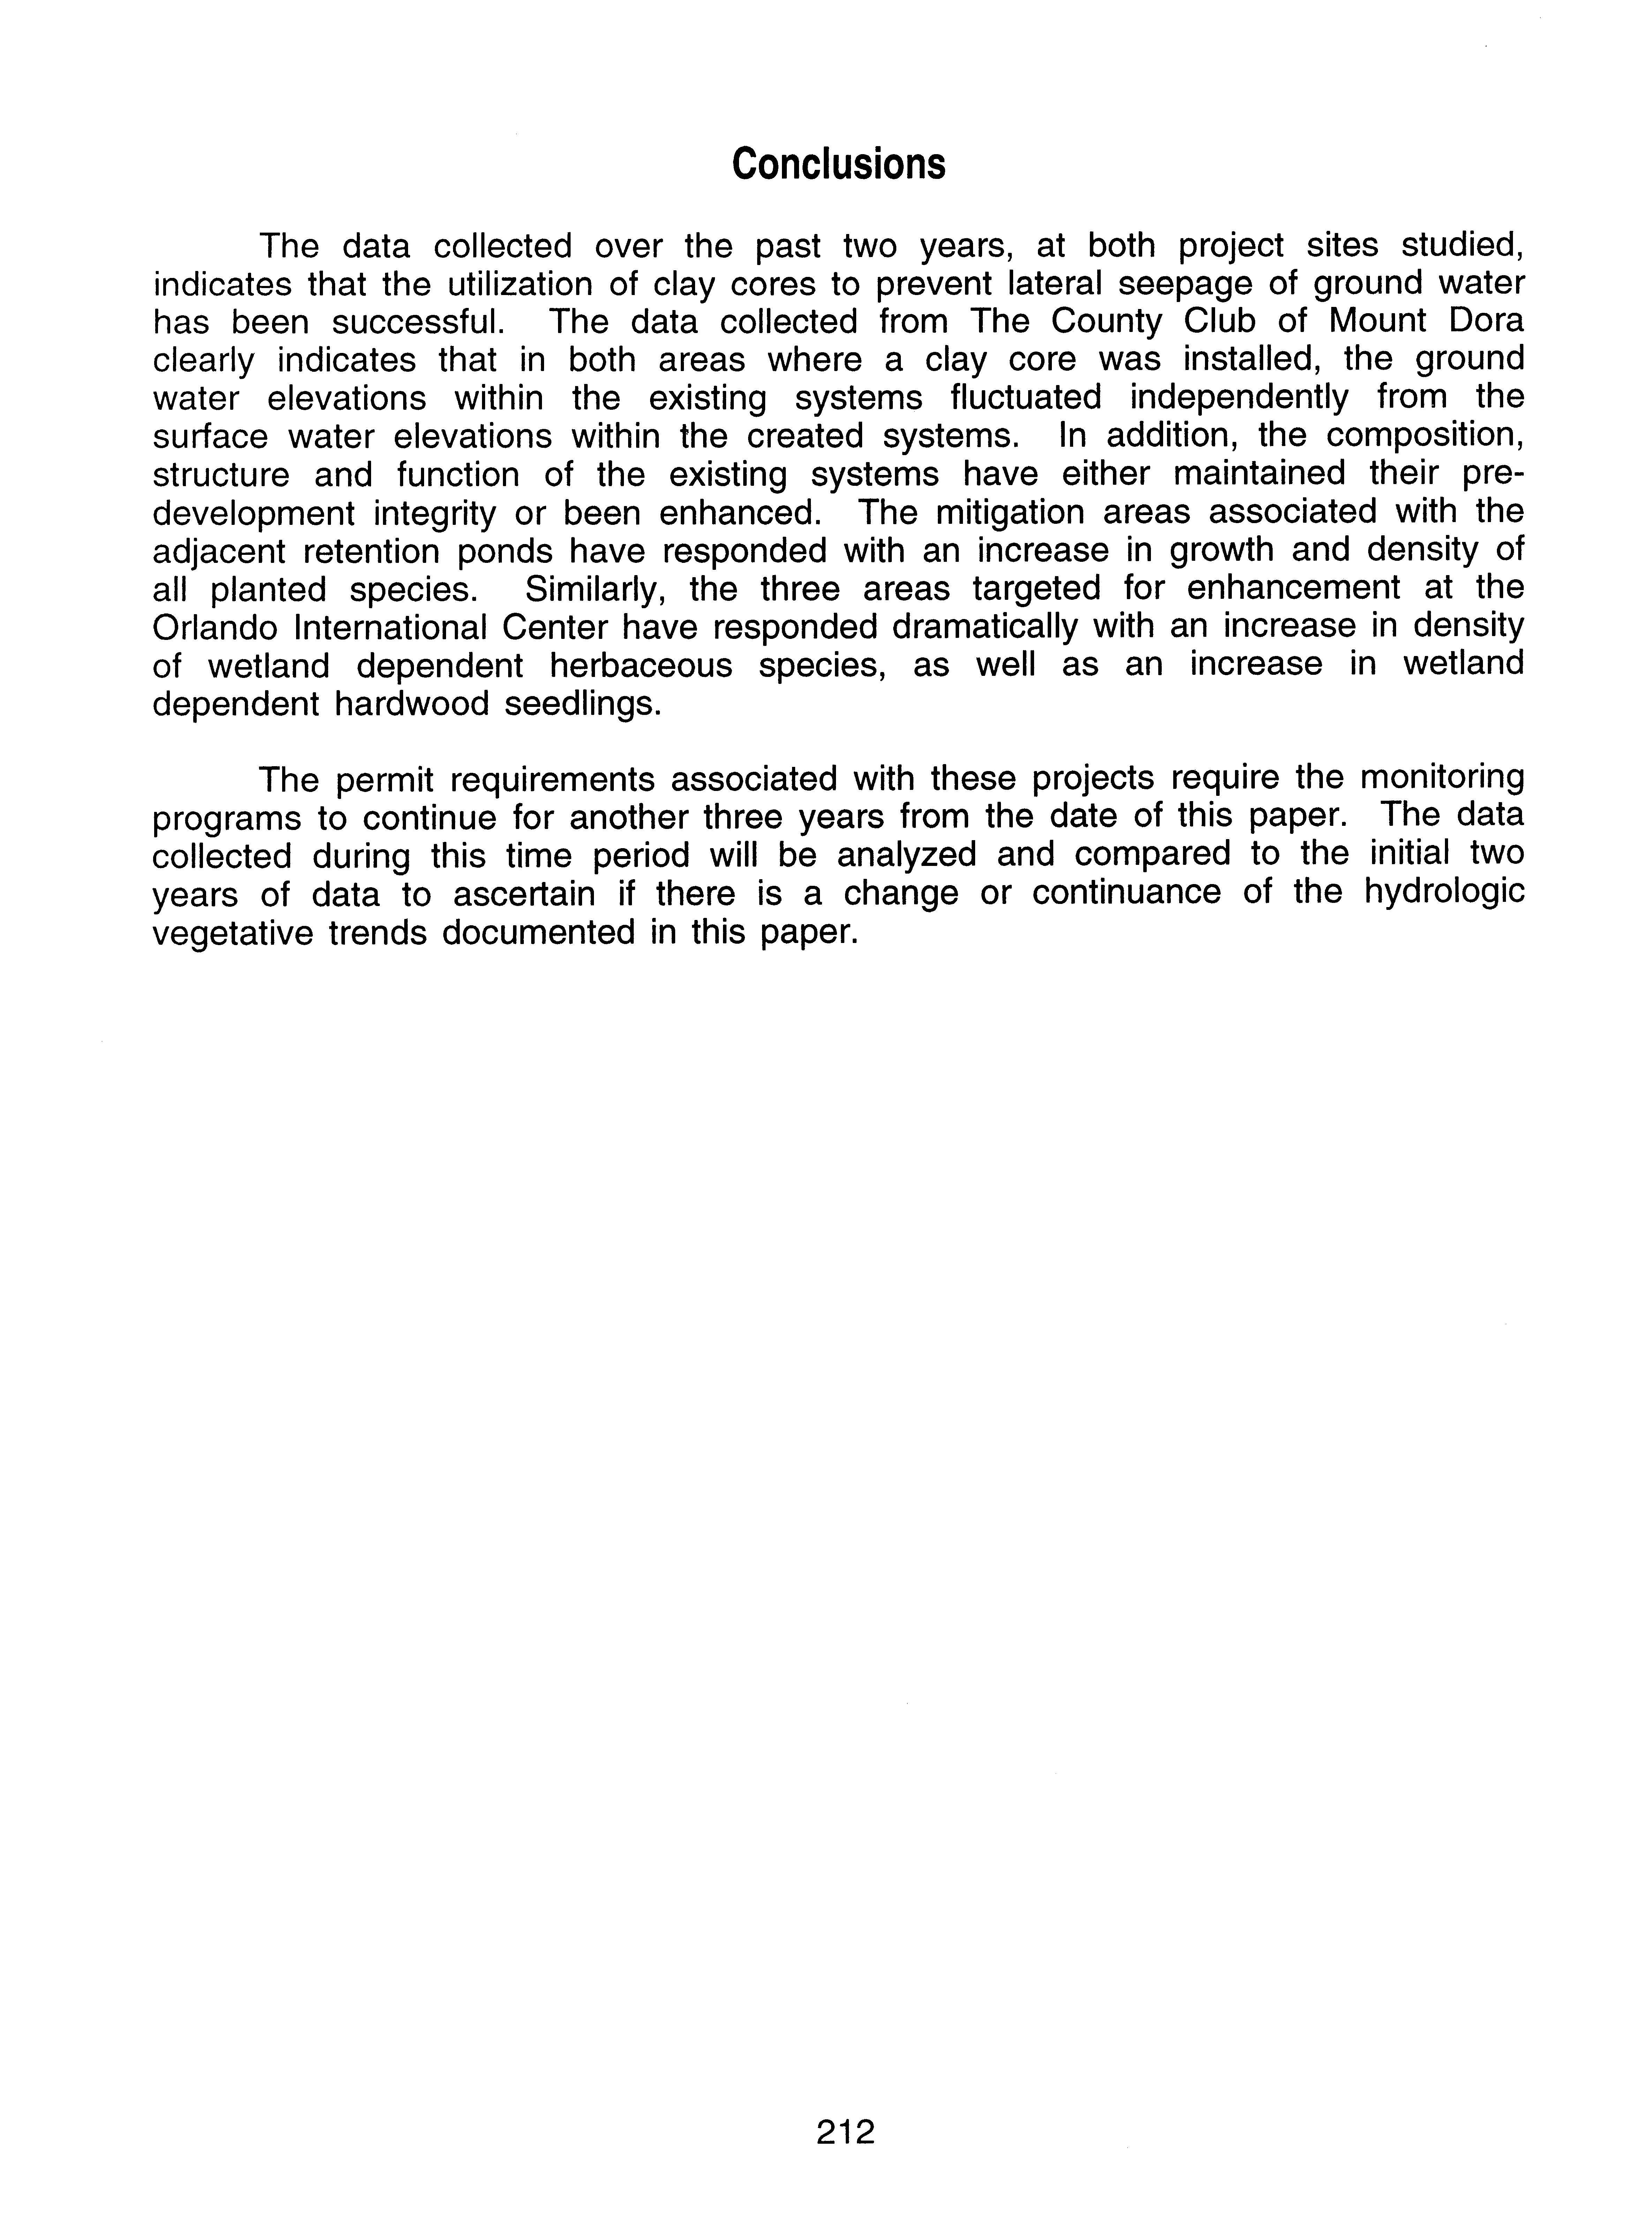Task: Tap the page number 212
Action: tap(846, 2131)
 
